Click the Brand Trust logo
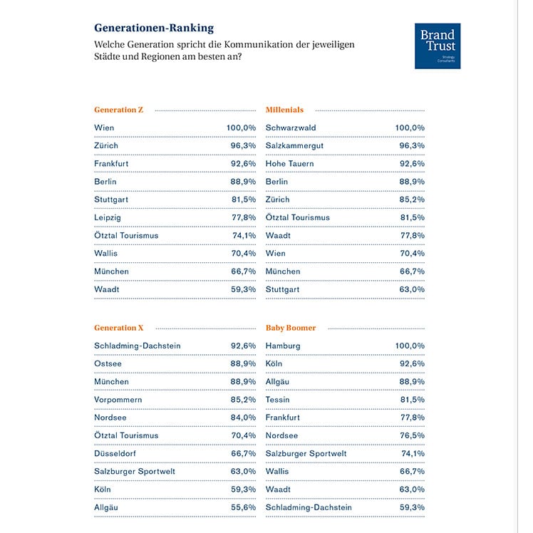(x=438, y=46)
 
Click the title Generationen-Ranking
(x=154, y=29)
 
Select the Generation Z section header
(x=119, y=110)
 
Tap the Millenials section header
(x=284, y=110)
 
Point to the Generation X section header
(x=119, y=328)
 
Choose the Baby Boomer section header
(x=291, y=328)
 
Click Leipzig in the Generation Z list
(x=108, y=217)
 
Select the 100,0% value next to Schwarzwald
(x=410, y=128)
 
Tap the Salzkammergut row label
(x=294, y=145)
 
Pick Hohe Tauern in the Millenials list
(x=289, y=163)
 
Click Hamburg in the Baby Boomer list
(x=283, y=346)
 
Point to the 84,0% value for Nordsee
(x=242, y=418)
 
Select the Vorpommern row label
(x=118, y=400)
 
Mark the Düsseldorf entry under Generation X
(x=116, y=453)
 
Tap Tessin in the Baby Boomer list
(x=278, y=400)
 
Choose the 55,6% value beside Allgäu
(x=242, y=507)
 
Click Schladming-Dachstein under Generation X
(x=138, y=346)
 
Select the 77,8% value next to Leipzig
(x=242, y=217)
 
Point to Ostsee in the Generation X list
(x=108, y=363)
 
